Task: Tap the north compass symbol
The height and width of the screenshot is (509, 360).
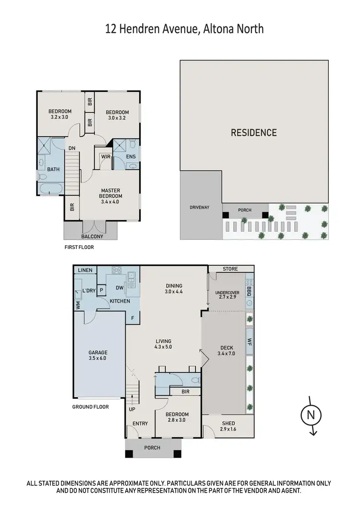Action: pyautogui.click(x=311, y=415)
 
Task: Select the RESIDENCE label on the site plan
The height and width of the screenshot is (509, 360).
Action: pyautogui.click(x=254, y=132)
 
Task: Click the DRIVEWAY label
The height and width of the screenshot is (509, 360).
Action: pyautogui.click(x=200, y=207)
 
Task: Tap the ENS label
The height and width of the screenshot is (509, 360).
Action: pyautogui.click(x=131, y=156)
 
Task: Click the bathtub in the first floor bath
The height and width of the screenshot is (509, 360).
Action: pyautogui.click(x=49, y=188)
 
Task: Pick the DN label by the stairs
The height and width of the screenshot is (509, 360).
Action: pyautogui.click(x=72, y=148)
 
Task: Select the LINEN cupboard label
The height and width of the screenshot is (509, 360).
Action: pyautogui.click(x=85, y=270)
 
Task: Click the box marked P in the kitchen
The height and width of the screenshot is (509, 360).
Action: pyautogui.click(x=101, y=290)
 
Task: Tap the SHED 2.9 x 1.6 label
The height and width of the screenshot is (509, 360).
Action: pyautogui.click(x=228, y=426)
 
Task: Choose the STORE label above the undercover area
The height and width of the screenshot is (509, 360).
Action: pyautogui.click(x=230, y=269)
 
